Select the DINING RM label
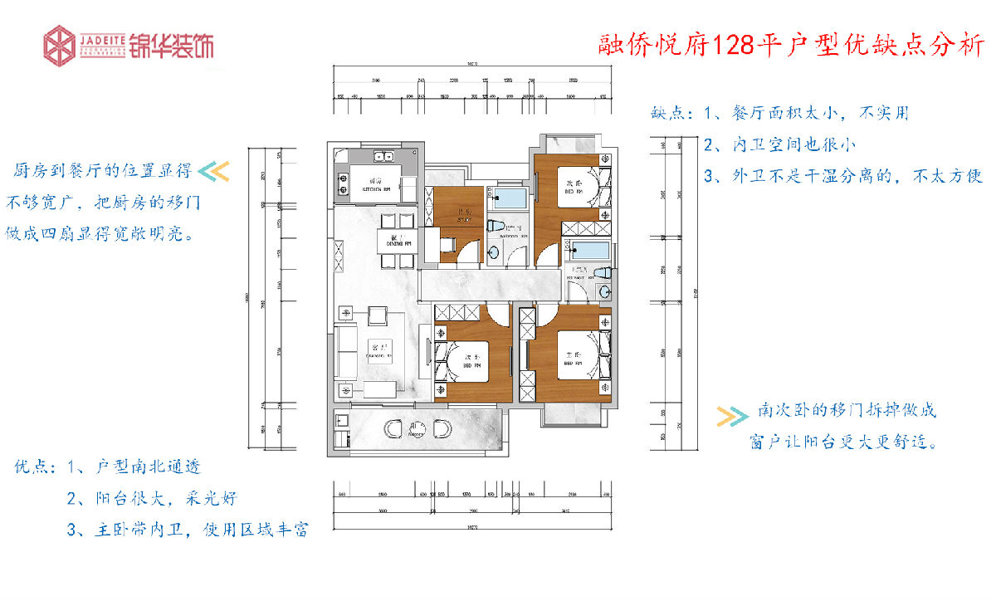coord(391,241)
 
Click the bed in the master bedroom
coord(573,357)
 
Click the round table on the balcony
coord(417,430)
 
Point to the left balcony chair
coord(394,429)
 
